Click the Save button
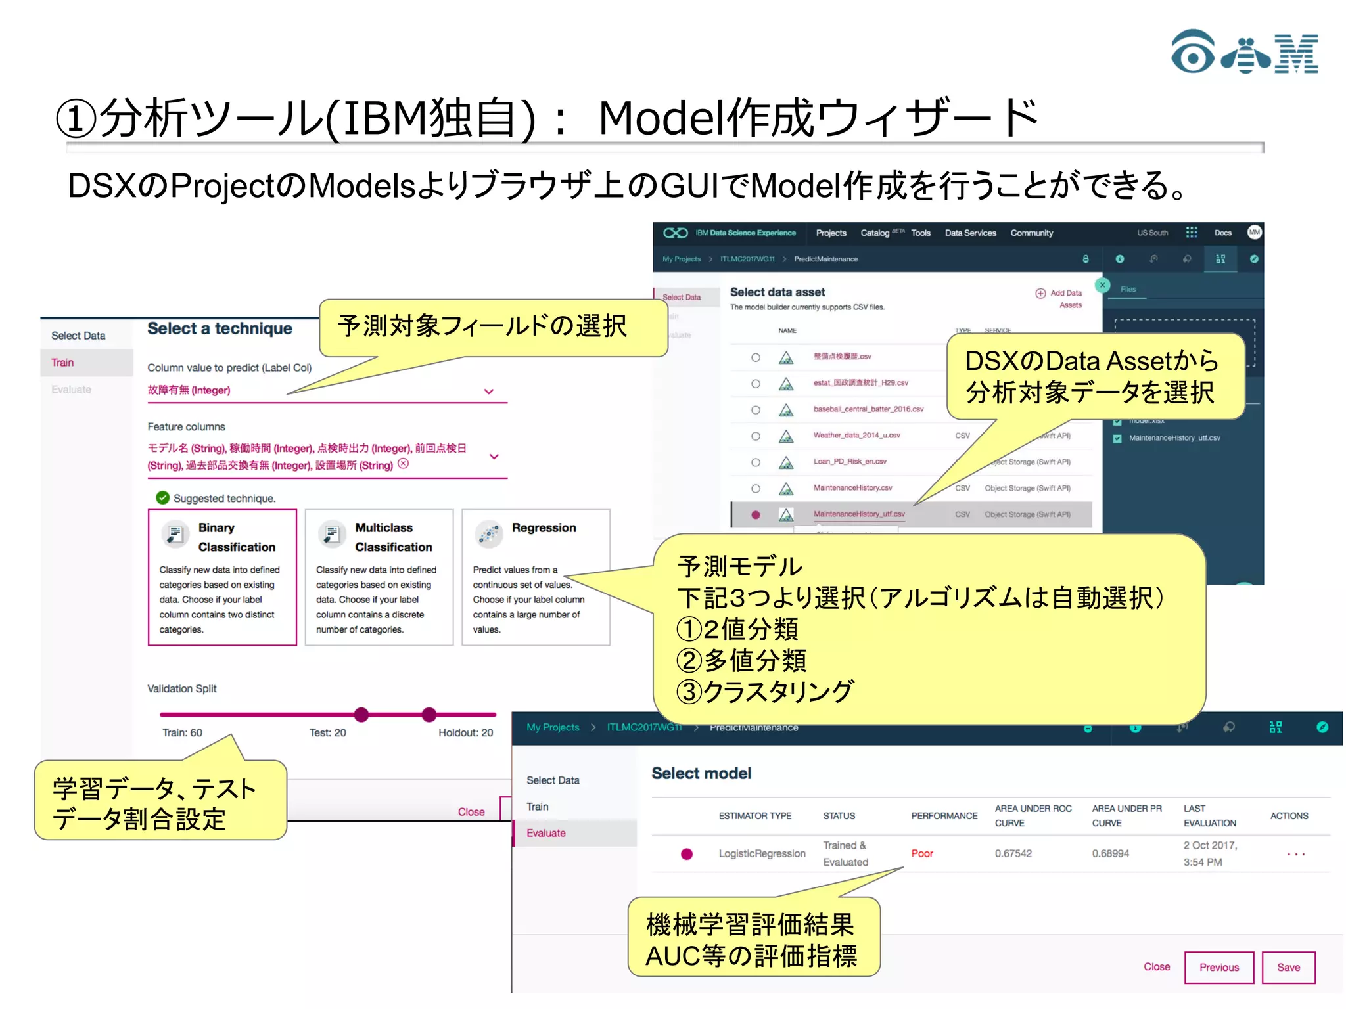[x=1288, y=967]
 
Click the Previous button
[x=1218, y=967]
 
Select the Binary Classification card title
[x=236, y=537]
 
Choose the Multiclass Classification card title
[x=393, y=537]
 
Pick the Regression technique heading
[x=544, y=527]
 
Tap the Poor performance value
[x=921, y=853]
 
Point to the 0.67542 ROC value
[x=1013, y=853]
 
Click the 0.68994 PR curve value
[x=1110, y=853]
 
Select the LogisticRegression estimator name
[x=761, y=853]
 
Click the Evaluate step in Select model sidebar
[x=545, y=833]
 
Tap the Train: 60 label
[x=182, y=732]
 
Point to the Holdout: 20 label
[x=465, y=732]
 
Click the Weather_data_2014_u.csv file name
[x=856, y=436]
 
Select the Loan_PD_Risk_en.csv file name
[x=850, y=462]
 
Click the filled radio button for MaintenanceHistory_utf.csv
[x=756, y=515]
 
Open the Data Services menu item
[x=970, y=233]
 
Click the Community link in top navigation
[x=1031, y=233]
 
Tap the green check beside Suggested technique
[x=162, y=498]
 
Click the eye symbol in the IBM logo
[x=1192, y=52]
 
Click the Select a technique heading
[x=220, y=328]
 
